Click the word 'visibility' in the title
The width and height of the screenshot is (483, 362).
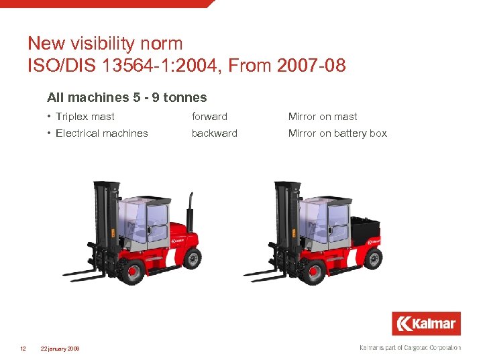tap(120, 44)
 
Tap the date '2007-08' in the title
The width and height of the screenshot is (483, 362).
tap(310, 66)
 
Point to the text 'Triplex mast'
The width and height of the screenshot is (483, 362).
tap(85, 117)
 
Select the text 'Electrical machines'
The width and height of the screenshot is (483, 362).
tap(102, 133)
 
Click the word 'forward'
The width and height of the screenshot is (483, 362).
tap(209, 117)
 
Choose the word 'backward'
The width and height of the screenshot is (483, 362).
tap(215, 133)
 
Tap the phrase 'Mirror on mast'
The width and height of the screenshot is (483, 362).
tap(323, 117)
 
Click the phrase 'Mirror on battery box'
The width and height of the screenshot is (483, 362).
tap(337, 133)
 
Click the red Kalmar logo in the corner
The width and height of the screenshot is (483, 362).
tap(427, 324)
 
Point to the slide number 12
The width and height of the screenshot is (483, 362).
tap(23, 348)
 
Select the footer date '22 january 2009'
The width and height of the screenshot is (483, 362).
tap(60, 349)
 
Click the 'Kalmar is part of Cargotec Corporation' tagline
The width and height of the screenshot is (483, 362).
tap(411, 347)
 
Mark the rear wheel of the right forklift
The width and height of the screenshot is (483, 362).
tap(373, 257)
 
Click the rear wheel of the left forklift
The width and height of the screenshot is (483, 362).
tap(192, 257)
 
